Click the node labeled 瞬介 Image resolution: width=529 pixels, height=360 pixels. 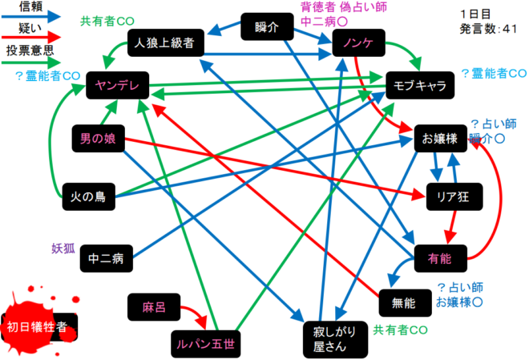pyautogui.click(x=267, y=26)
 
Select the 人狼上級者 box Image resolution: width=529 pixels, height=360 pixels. pyautogui.click(x=166, y=42)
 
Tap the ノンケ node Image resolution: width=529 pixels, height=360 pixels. pyautogui.click(x=358, y=42)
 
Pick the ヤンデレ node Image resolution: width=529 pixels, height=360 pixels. pyautogui.click(x=117, y=85)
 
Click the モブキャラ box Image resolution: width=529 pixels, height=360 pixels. pyautogui.click(x=420, y=85)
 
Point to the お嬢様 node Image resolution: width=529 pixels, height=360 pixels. pyautogui.click(x=441, y=139)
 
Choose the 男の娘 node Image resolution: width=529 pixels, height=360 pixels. pyautogui.click(x=98, y=139)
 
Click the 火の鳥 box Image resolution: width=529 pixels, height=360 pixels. pyautogui.click(x=89, y=196)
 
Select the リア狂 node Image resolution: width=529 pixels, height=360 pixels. pyautogui.click(x=454, y=196)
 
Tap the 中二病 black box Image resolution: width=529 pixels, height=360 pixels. pyautogui.click(x=107, y=258)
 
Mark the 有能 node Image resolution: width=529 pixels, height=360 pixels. pyautogui.click(x=441, y=258)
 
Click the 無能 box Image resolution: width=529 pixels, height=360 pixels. pyautogui.click(x=406, y=303)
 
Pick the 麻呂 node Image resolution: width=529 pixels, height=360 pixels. pyautogui.click(x=154, y=307)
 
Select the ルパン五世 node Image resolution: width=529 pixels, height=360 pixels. pyautogui.click(x=206, y=344)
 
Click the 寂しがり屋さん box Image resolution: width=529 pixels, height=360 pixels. pyautogui.click(x=335, y=339)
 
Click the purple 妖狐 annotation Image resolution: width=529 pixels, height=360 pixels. pyautogui.click(x=63, y=249)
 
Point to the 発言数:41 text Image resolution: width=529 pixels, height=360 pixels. pyautogui.click(x=488, y=29)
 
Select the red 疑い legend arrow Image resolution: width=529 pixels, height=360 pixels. pyautogui.click(x=31, y=37)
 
